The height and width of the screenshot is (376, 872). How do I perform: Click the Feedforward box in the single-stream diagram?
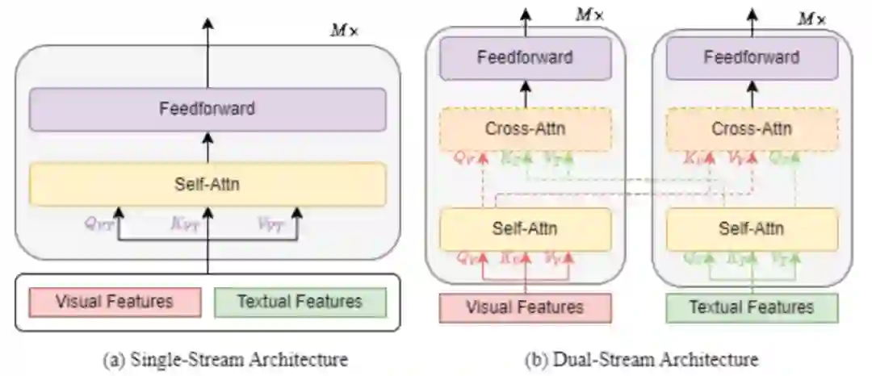click(208, 109)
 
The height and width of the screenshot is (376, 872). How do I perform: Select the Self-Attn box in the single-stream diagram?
click(208, 184)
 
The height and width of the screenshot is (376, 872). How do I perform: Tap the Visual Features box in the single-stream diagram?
click(114, 302)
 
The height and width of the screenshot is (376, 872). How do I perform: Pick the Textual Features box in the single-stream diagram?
click(300, 302)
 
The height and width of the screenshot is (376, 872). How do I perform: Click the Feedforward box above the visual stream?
click(525, 58)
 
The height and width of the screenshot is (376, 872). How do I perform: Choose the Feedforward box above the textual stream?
click(751, 58)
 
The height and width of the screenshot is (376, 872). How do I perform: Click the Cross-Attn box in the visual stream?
click(525, 128)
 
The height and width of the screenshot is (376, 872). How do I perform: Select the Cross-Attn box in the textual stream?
click(751, 128)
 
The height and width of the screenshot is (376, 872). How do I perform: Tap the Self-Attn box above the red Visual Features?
click(525, 229)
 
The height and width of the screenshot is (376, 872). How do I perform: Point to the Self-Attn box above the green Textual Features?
click(751, 229)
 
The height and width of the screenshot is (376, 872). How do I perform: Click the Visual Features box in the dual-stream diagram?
click(525, 307)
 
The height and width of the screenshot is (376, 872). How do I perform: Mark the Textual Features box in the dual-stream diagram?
click(751, 307)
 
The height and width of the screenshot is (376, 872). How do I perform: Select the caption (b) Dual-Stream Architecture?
click(642, 357)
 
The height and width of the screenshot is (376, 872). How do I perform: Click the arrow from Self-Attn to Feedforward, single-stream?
click(208, 147)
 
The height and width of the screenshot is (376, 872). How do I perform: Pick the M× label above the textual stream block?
click(811, 18)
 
